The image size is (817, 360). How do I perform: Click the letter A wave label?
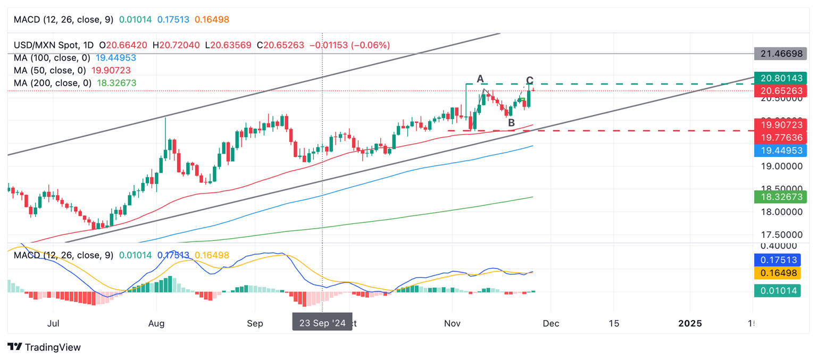pyautogui.click(x=480, y=79)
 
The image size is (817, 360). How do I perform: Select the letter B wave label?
pyautogui.click(x=511, y=123)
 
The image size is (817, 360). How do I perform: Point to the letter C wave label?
pyautogui.click(x=529, y=81)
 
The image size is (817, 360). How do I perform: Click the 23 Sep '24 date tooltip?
pyautogui.click(x=322, y=323)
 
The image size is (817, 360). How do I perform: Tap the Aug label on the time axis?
pyautogui.click(x=156, y=323)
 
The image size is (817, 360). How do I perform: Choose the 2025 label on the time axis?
pyautogui.click(x=690, y=323)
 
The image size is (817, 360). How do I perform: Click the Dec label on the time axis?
pyautogui.click(x=551, y=323)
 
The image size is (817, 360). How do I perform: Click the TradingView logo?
pyautogui.click(x=45, y=347)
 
